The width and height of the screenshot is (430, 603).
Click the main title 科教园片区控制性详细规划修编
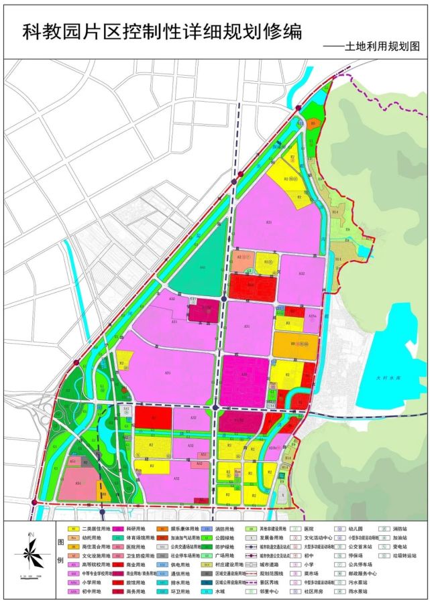coord(162,31)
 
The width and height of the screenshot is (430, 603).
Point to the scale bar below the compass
coord(31,576)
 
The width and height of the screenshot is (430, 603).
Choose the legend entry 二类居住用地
coord(95,529)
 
